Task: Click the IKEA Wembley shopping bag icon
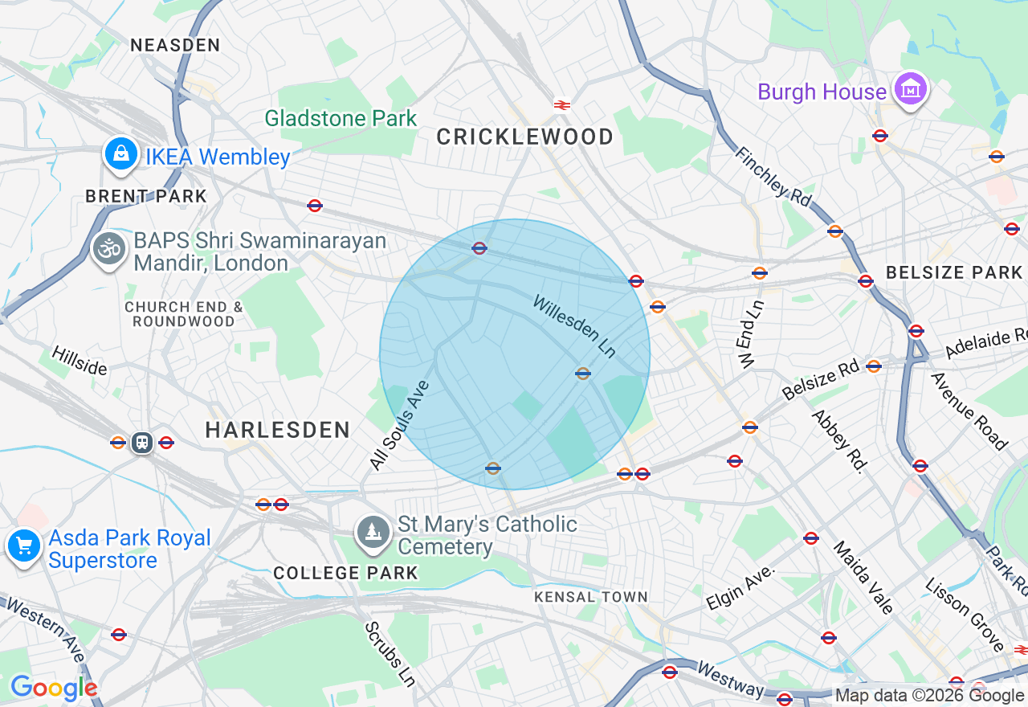coord(121,153)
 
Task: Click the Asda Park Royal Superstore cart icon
coord(24,546)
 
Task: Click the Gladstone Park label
coord(341,118)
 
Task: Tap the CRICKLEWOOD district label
coord(524,137)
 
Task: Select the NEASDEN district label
coord(175,46)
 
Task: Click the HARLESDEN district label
coord(277,430)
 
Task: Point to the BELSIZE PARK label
coord(953,273)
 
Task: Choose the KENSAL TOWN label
coord(590,597)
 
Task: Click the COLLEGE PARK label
coord(345,573)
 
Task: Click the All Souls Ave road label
coord(399,425)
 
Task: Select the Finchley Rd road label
coord(773,177)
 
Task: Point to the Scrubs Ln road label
coord(390,653)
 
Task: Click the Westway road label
coord(729,680)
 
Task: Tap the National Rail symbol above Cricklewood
coord(561,104)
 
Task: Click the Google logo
coord(53,688)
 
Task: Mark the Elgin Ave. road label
coord(740,586)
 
